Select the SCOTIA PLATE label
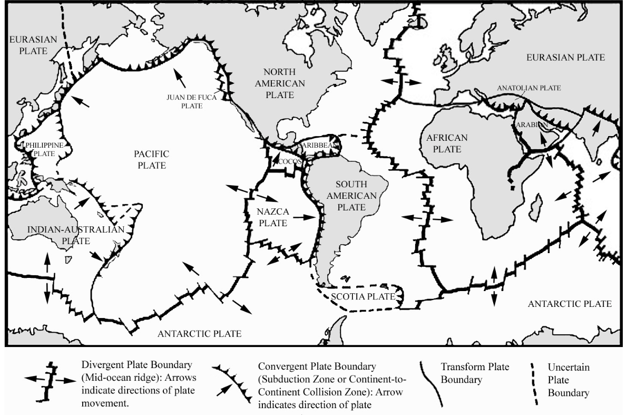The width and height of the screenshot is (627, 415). point(363,296)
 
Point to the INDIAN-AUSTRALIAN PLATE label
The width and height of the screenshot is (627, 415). point(69,235)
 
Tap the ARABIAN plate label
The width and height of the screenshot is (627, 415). point(529,124)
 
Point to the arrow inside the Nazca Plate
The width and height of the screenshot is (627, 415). point(302,216)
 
